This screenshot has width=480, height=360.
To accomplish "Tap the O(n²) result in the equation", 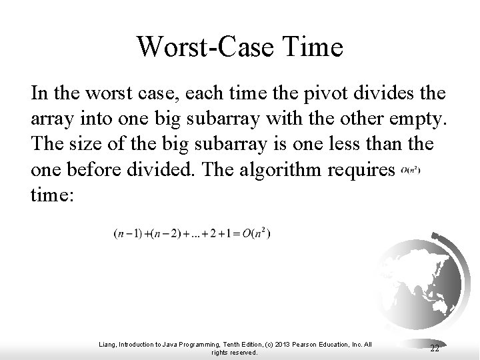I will pyautogui.click(x=257, y=233).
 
